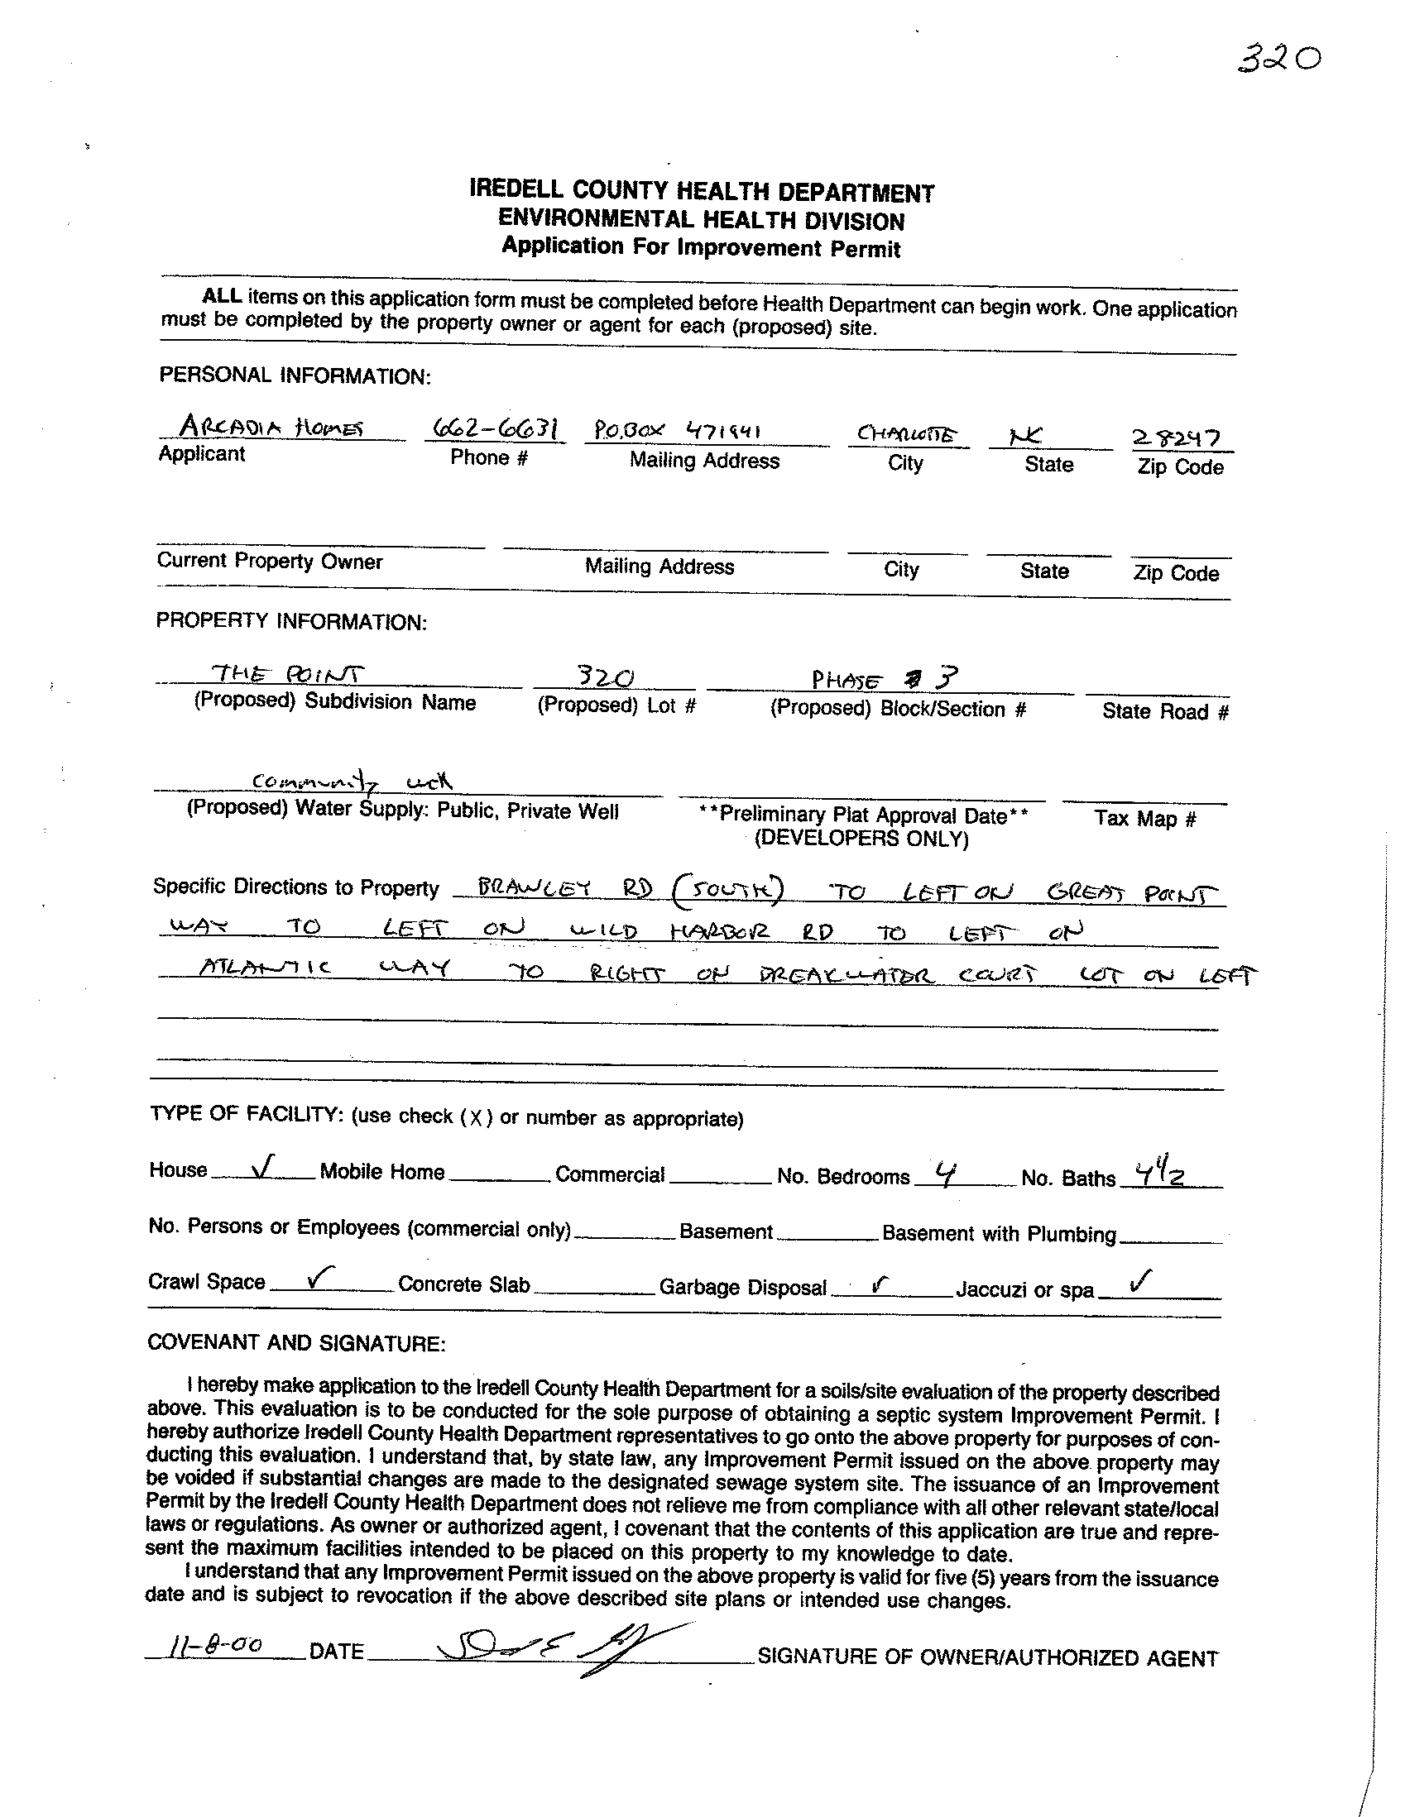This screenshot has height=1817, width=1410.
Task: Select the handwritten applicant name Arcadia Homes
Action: [271, 428]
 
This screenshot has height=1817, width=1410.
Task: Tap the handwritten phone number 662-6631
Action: [495, 429]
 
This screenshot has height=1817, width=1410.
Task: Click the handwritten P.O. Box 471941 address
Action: [678, 431]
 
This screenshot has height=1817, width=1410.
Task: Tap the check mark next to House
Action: [262, 1169]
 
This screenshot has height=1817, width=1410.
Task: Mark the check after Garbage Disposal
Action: [880, 1284]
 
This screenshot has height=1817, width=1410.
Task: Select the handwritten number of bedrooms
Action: [943, 1173]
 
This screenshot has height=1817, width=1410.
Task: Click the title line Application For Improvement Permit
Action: [701, 247]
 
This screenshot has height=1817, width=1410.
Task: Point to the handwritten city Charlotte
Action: [906, 434]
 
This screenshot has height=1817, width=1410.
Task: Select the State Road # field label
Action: [1164, 711]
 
